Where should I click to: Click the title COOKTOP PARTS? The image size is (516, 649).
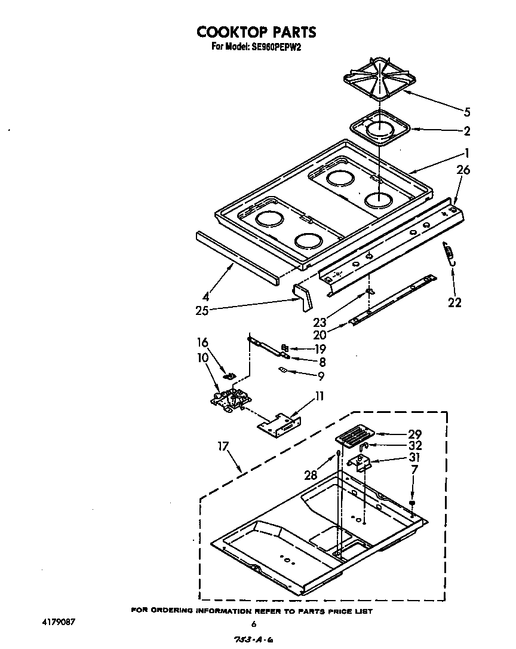click(257, 32)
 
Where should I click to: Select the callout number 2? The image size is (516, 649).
click(466, 131)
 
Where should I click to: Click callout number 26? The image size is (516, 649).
click(463, 170)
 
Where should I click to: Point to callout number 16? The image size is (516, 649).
click(203, 342)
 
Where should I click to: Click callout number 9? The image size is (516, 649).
click(321, 376)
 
